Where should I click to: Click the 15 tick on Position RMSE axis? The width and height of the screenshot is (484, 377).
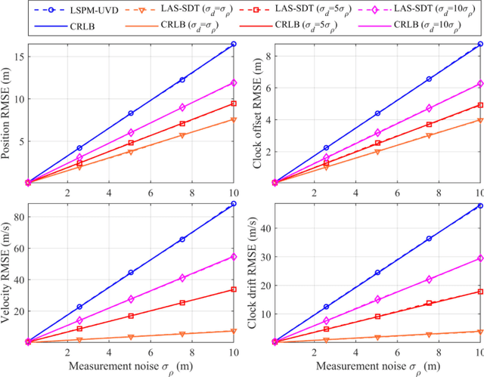pos(18,57)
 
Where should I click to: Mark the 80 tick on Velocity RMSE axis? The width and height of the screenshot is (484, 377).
pos(18,217)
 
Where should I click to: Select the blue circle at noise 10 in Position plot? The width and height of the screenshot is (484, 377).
pos(234,44)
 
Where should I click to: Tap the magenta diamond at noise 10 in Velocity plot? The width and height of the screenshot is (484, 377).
pos(234,257)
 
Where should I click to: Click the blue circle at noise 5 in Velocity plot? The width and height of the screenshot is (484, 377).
pos(131,272)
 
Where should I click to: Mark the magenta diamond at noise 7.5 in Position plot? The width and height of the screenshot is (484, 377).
pos(182,107)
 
